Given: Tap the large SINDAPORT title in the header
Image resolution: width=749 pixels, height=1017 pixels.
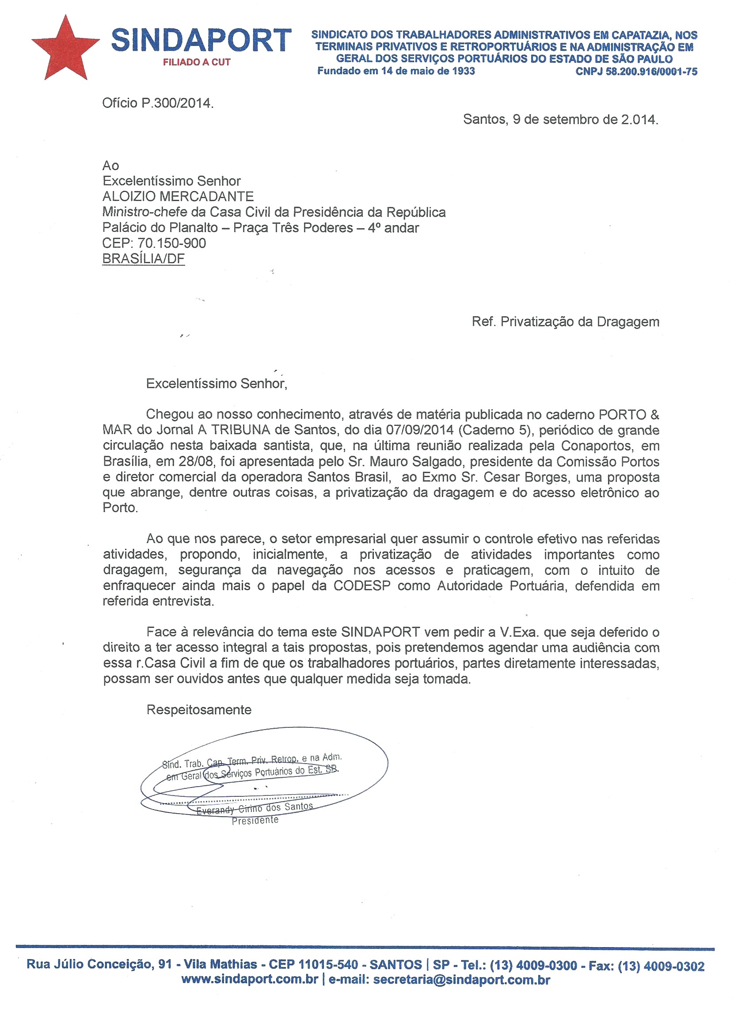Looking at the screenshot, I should point(201,40).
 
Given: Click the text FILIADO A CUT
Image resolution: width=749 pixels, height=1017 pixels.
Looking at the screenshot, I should point(197,62).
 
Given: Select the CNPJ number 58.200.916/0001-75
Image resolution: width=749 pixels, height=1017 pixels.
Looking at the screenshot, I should point(651,71).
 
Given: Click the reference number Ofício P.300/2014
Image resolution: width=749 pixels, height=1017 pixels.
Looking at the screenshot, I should point(157,103).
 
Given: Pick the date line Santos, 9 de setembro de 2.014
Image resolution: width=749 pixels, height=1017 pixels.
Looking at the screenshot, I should point(560,119).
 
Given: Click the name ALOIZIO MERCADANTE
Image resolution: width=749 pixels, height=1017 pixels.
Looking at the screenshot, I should point(178,196).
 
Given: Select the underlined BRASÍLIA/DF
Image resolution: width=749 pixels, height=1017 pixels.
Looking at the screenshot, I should point(143,259).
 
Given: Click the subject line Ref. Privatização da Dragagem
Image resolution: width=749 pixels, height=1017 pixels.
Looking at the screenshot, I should point(565,321).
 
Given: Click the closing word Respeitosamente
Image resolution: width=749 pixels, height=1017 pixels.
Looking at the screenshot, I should point(198,709).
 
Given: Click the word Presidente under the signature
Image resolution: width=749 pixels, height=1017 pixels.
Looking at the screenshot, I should point(255,820).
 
